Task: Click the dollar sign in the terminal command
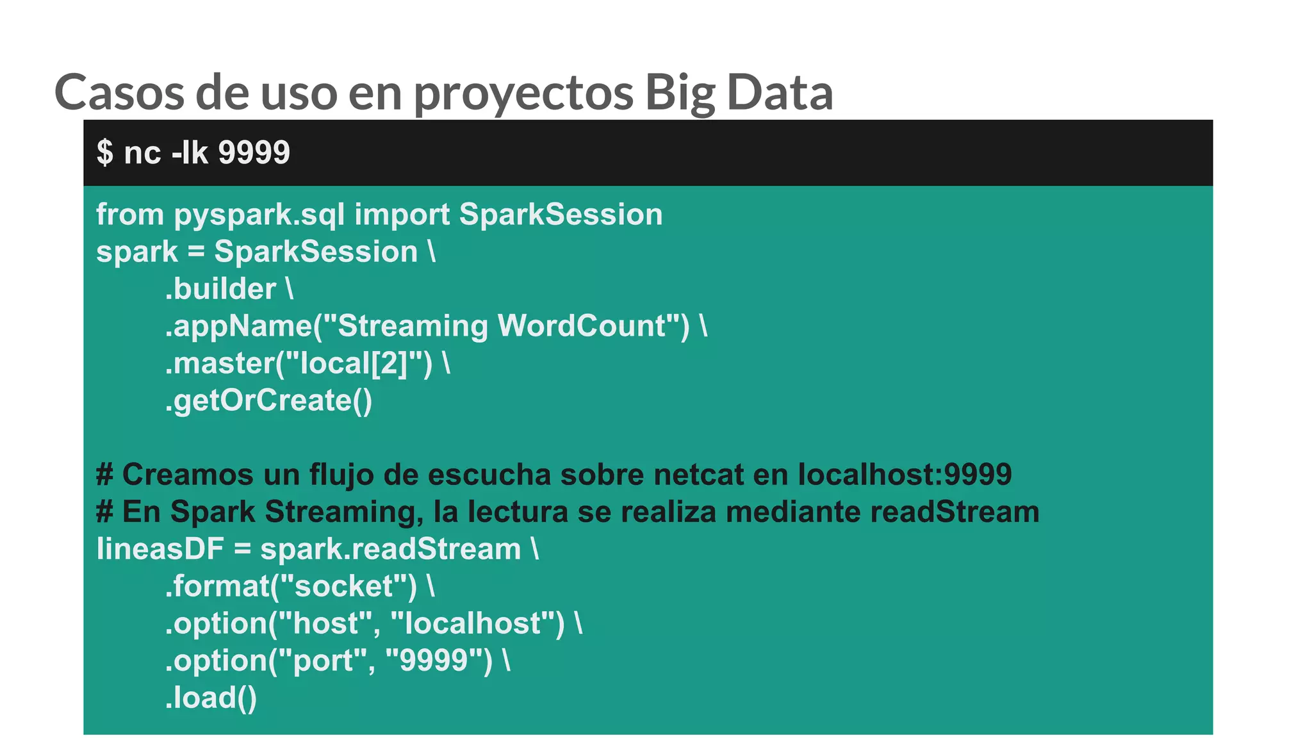click(104, 152)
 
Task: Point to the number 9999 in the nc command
click(254, 152)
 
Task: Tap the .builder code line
click(228, 289)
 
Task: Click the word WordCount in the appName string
click(582, 326)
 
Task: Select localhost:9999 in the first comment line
click(905, 475)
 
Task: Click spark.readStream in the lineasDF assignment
click(390, 549)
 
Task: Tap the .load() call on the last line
click(211, 698)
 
